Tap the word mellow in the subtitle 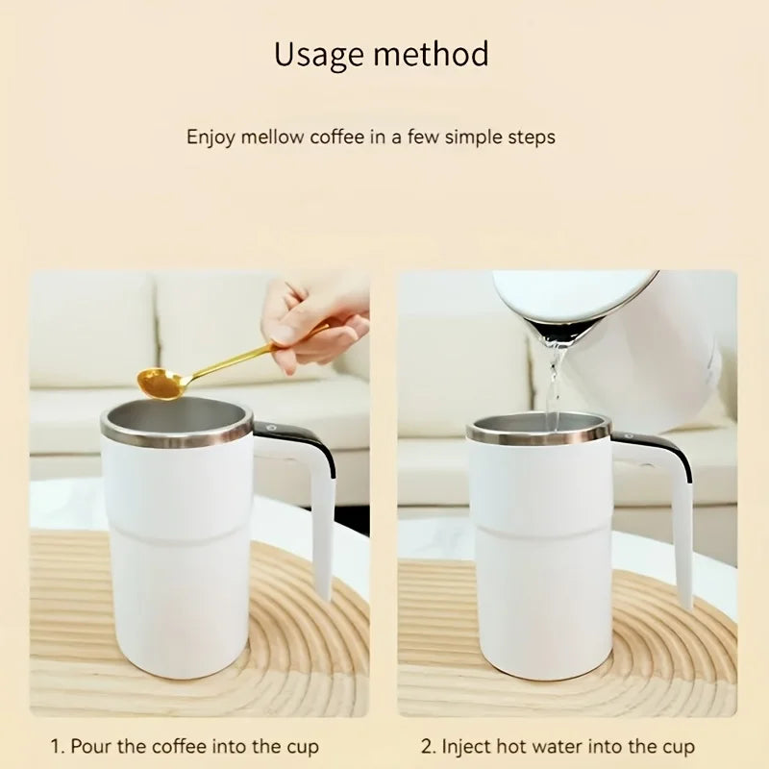(x=271, y=136)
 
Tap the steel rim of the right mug (x=538, y=435)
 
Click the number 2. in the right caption (x=429, y=746)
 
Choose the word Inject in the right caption (x=465, y=746)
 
